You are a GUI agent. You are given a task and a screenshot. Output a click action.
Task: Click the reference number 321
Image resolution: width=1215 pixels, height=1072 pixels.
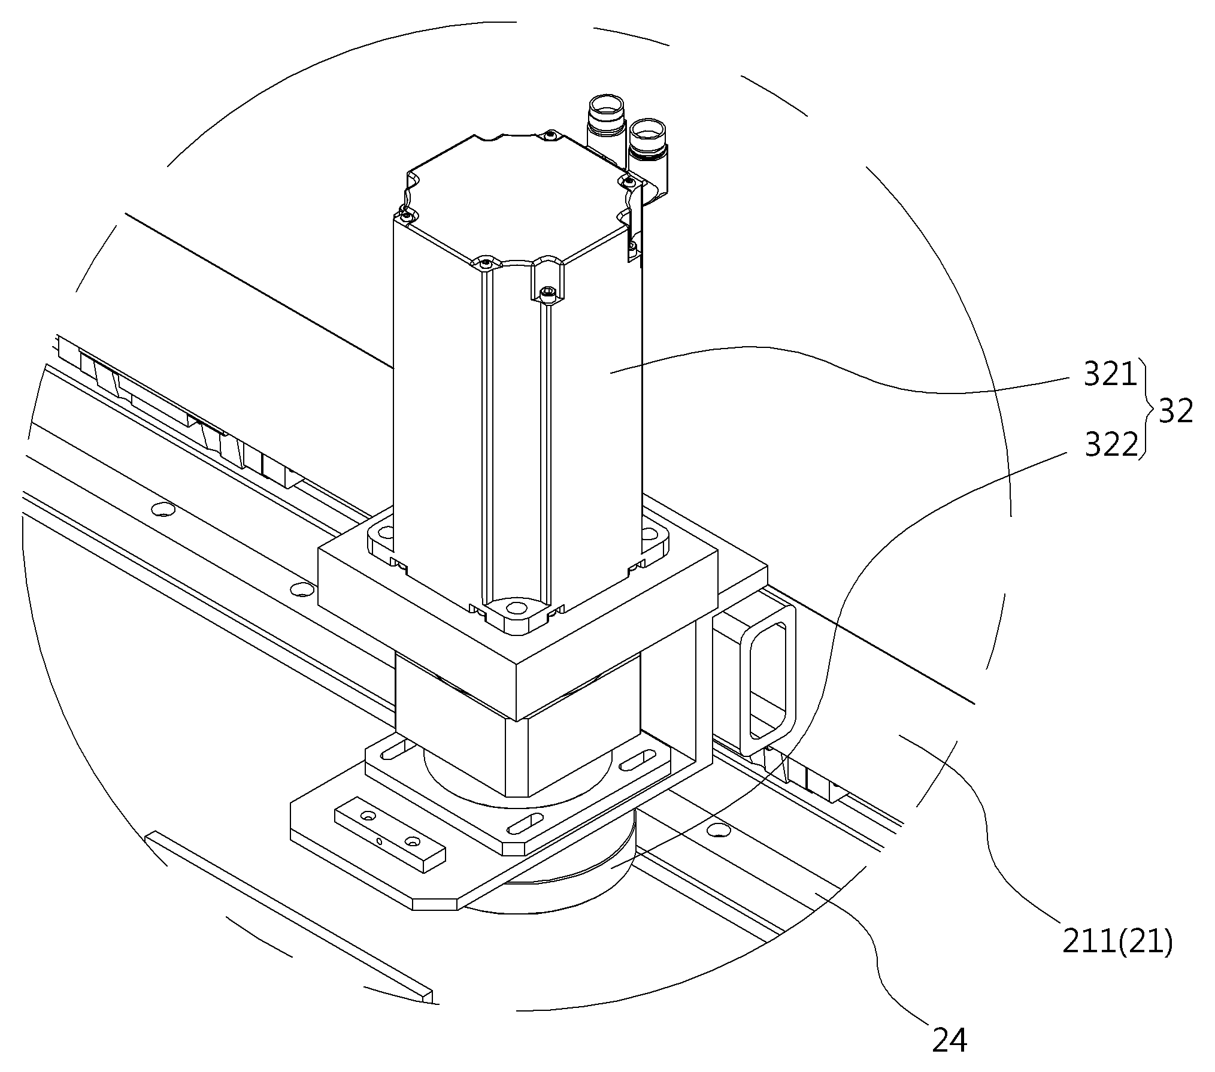pos(1110,375)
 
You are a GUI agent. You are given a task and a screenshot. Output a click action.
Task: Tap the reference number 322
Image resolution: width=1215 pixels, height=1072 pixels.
pos(1111,445)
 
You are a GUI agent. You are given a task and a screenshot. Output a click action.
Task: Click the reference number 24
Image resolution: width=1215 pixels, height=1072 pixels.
pos(950,1040)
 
